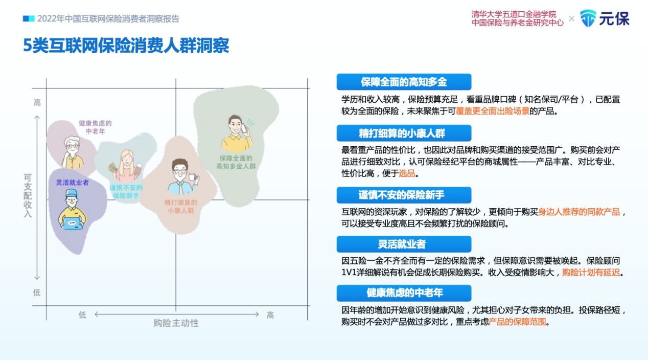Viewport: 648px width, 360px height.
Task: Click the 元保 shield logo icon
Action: pyautogui.click(x=588, y=18)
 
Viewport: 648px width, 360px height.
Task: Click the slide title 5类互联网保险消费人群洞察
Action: pyautogui.click(x=126, y=46)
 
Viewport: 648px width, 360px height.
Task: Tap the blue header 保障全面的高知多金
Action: pyautogui.click(x=404, y=82)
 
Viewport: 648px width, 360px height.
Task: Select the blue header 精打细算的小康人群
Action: pyautogui.click(x=404, y=133)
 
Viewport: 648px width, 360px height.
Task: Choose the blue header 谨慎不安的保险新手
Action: pyautogui.click(x=404, y=195)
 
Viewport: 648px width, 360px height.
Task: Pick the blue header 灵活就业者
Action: pyautogui.click(x=404, y=244)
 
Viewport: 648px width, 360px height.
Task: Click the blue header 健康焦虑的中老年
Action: pyautogui.click(x=404, y=293)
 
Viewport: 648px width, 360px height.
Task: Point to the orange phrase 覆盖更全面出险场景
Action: pyautogui.click(x=493, y=111)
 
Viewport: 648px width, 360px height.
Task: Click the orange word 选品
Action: pyautogui.click(x=407, y=173)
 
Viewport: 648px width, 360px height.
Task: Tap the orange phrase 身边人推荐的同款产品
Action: pyautogui.click(x=579, y=212)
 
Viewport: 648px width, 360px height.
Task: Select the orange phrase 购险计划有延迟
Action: pyautogui.click(x=591, y=273)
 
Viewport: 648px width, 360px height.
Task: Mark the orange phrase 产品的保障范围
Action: pyautogui.click(x=518, y=322)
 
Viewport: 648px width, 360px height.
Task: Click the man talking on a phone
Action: pyautogui.click(x=237, y=133)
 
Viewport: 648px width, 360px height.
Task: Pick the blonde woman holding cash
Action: pyautogui.click(x=126, y=166)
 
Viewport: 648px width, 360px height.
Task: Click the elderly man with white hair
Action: pyautogui.click(x=73, y=152)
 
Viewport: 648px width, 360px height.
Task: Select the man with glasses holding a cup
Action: pyautogui.click(x=183, y=176)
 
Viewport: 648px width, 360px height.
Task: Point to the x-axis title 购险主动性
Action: pyautogui.click(x=176, y=323)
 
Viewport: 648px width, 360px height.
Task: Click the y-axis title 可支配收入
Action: pyautogui.click(x=28, y=195)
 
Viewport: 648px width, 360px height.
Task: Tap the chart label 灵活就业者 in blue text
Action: pyautogui.click(x=73, y=183)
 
